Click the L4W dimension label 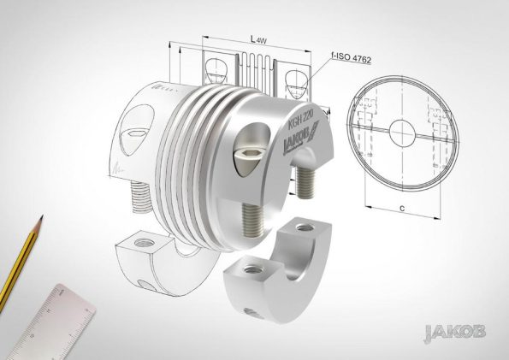point(258,39)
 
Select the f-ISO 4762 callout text point(351,58)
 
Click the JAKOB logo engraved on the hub point(301,138)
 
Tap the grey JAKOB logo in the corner point(455,333)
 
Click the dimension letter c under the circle point(403,208)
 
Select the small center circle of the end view point(402,133)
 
